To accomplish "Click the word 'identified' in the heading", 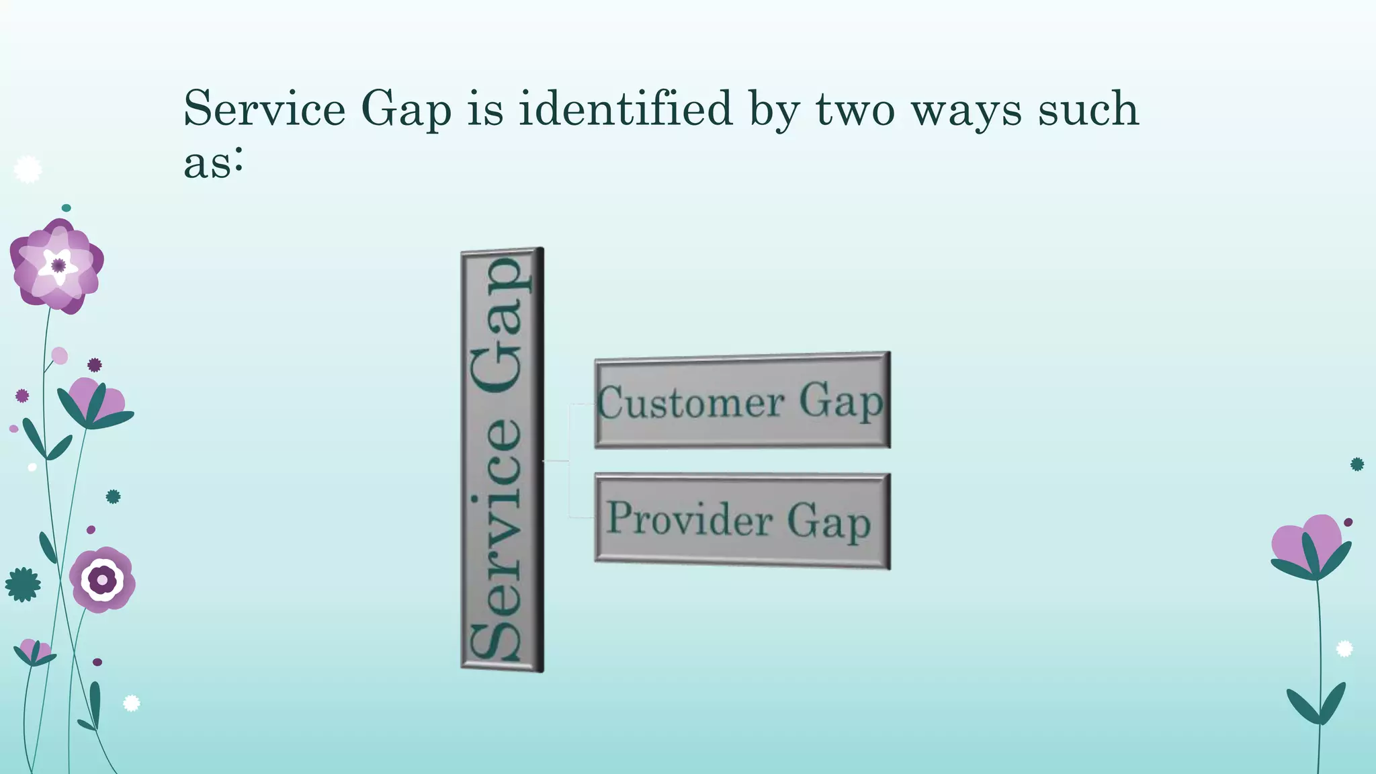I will tap(625, 109).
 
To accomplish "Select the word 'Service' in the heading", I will tap(265, 109).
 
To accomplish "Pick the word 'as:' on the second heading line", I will tap(213, 163).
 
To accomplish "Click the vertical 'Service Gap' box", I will tap(502, 460).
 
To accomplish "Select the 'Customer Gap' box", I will tap(742, 400).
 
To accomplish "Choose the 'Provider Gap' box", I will tap(742, 521).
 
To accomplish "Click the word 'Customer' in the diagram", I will tap(691, 403).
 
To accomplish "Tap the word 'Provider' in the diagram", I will tap(689, 519).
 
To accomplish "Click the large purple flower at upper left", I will tap(57, 266).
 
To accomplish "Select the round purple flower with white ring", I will tap(102, 579).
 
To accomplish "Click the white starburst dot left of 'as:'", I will tap(28, 169).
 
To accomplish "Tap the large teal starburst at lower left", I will tap(23, 585).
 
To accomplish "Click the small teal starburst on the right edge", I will tap(1357, 464).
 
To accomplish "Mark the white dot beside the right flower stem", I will tap(1344, 648).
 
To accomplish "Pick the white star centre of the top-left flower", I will tap(58, 265).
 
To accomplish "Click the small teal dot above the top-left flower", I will tap(66, 208).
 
